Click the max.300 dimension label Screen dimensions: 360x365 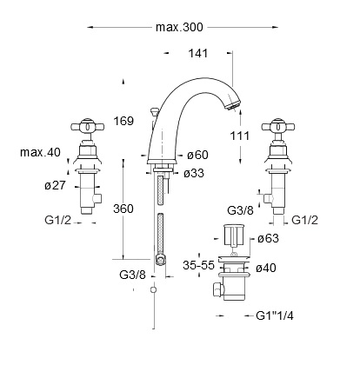[x=179, y=27]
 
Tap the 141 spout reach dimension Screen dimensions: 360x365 [x=198, y=53]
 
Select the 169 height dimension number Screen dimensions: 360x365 [x=123, y=121]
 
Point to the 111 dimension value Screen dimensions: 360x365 [x=240, y=136]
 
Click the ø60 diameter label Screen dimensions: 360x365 [x=197, y=155]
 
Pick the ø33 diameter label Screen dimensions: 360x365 [x=194, y=174]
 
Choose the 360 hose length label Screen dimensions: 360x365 [x=123, y=209]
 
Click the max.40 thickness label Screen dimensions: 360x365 [x=40, y=152]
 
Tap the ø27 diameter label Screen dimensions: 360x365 [x=56, y=185]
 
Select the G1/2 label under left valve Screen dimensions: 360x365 [x=57, y=221]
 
